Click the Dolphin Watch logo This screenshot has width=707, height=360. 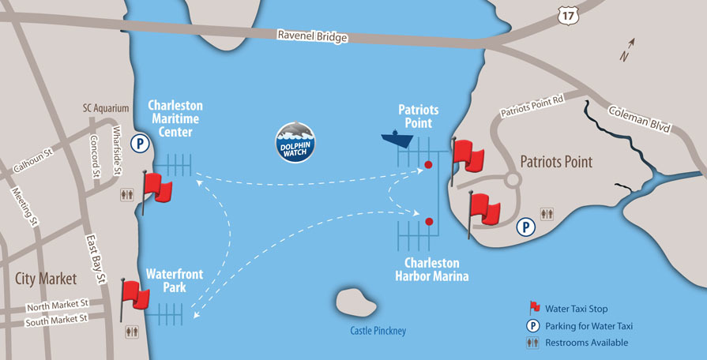point(295,142)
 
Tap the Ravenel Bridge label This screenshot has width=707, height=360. point(313,36)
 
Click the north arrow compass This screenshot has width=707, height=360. point(627,50)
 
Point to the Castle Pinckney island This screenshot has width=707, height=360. point(356,302)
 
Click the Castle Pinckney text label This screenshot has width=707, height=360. point(378,331)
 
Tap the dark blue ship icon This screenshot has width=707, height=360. point(397,138)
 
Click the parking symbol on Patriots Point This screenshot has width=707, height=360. point(526,227)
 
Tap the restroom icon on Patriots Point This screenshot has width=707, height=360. point(547,214)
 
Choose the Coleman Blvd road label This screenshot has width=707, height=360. point(639,120)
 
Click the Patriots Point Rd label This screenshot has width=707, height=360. point(532,107)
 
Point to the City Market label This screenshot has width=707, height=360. point(46,279)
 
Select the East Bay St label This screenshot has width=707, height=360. point(95,258)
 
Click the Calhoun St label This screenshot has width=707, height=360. point(33,161)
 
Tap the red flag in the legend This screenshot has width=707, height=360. point(535,308)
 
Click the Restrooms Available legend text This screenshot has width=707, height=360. point(586,343)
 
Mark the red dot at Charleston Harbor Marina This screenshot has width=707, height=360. point(429,221)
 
